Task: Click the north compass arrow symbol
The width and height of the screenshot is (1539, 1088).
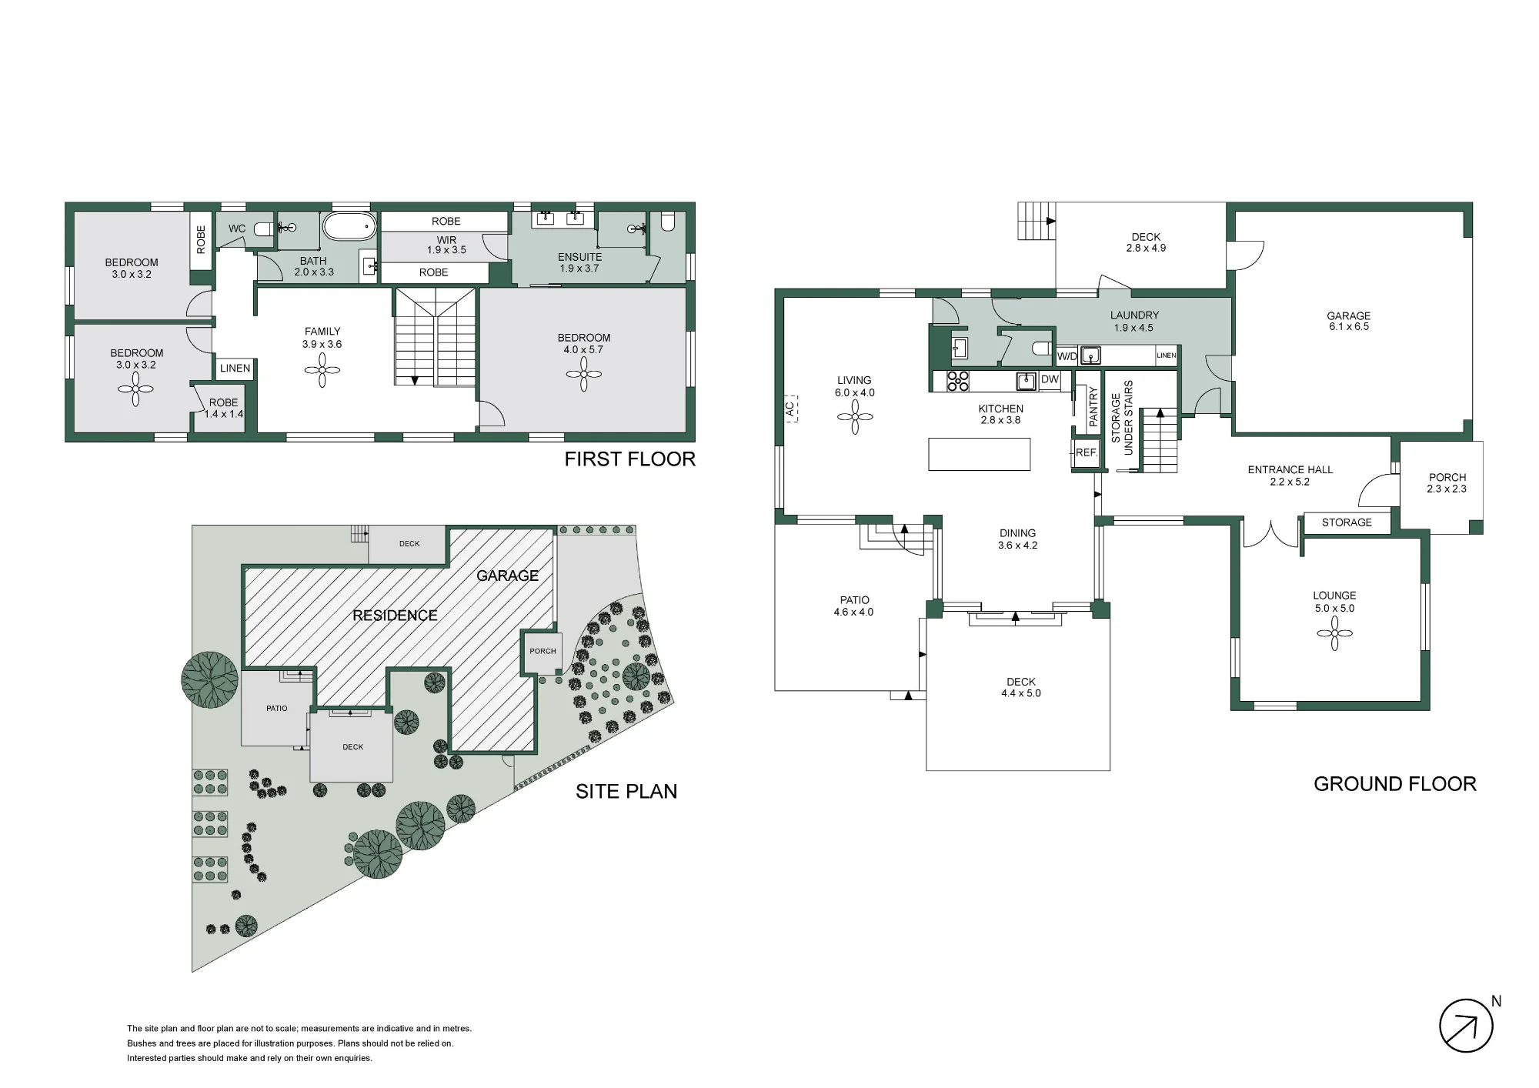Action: click(x=1466, y=1026)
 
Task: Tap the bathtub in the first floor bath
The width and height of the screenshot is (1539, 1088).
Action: click(x=349, y=227)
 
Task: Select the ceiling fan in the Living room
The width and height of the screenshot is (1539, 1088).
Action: click(x=854, y=417)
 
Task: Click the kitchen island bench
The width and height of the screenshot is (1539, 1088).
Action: click(x=980, y=454)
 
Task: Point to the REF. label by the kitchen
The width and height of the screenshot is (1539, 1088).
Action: click(x=1086, y=452)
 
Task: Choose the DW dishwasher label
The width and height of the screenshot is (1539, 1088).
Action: click(x=1050, y=379)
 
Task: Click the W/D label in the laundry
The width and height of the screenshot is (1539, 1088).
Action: click(x=1067, y=356)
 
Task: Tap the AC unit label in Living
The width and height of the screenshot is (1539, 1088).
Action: click(x=790, y=409)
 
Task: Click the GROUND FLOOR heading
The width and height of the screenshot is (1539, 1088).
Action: click(x=1395, y=784)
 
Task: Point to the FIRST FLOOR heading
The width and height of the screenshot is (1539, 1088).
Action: click(x=629, y=459)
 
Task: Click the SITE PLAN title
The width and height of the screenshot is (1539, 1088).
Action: click(x=626, y=792)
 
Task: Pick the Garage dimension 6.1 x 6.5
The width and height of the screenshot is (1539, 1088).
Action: click(x=1348, y=326)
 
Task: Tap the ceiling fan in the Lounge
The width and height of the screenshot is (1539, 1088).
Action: click(x=1334, y=633)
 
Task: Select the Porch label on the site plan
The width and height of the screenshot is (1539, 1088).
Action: click(x=542, y=651)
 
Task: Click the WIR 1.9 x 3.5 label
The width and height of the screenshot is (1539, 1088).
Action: click(x=446, y=245)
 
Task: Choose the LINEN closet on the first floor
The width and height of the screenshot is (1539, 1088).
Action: click(x=235, y=369)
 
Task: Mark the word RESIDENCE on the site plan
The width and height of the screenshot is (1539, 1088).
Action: click(x=395, y=616)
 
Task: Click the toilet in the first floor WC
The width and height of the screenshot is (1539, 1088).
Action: click(x=262, y=229)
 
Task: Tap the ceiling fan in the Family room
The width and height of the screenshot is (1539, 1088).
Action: click(x=322, y=371)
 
